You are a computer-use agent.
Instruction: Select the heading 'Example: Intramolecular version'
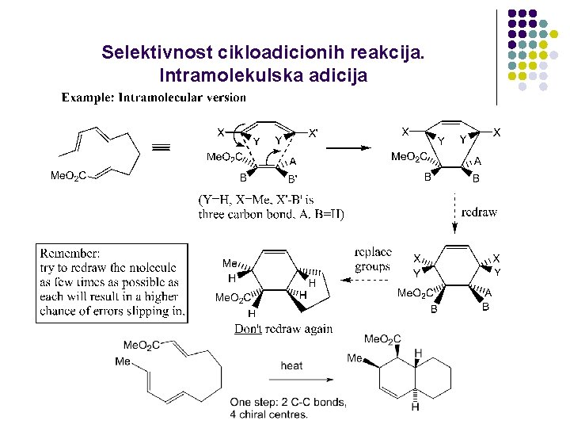point(154,97)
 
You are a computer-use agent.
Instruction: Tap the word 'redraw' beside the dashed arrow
point(479,212)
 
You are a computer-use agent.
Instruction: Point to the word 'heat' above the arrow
point(291,365)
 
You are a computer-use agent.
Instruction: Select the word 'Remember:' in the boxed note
point(70,253)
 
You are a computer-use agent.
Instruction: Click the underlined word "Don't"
point(248,329)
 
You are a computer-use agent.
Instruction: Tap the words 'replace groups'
point(373,259)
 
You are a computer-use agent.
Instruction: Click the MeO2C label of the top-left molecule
point(68,175)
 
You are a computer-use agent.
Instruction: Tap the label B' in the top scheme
point(292,179)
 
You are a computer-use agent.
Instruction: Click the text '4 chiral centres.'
point(269,414)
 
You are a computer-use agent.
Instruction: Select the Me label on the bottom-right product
point(354,358)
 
